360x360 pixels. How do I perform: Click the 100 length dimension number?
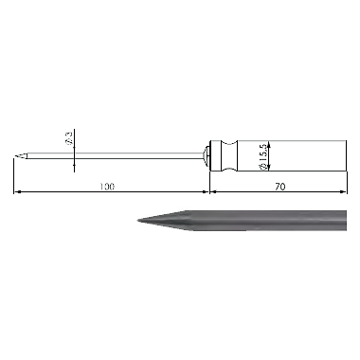(x=107, y=187)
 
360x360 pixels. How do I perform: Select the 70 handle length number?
(x=279, y=187)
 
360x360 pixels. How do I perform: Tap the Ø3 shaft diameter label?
(x=69, y=137)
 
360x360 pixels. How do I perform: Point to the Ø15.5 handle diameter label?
(x=262, y=157)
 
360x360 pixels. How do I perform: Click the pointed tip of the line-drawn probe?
(x=15, y=155)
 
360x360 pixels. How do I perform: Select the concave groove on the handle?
(x=230, y=155)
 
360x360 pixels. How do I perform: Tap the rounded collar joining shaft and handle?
(x=207, y=155)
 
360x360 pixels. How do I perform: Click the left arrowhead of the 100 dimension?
(x=17, y=191)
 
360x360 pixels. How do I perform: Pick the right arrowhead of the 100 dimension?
(x=207, y=191)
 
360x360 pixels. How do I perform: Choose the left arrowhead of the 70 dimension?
(x=214, y=191)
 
